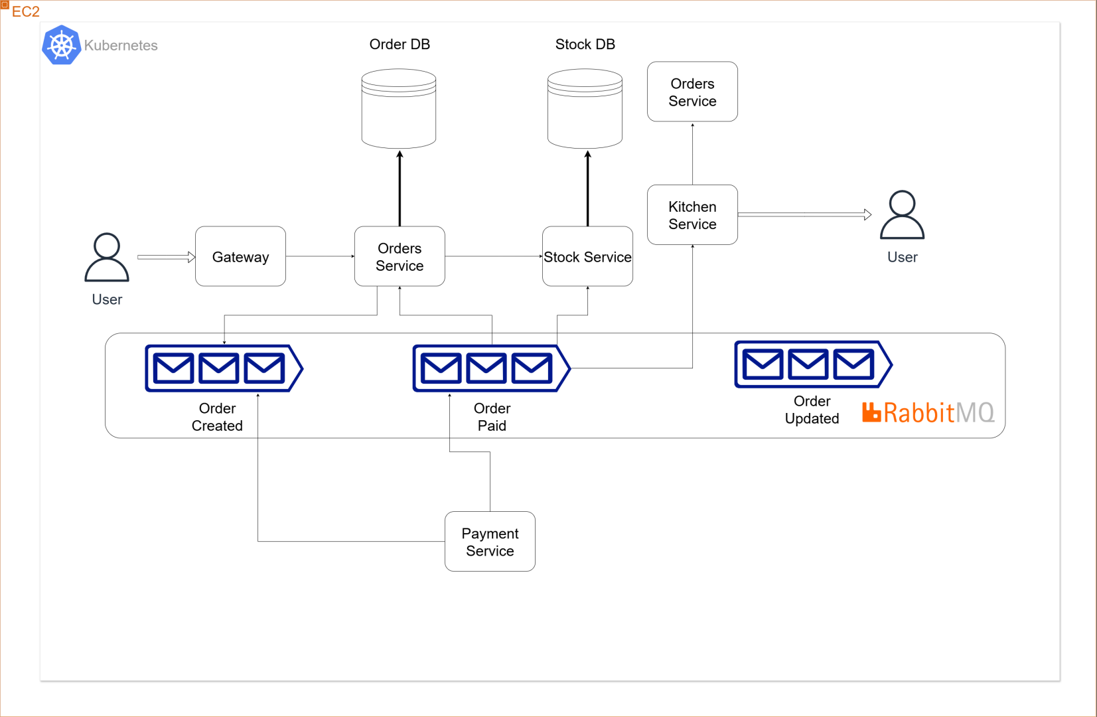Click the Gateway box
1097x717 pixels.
(x=240, y=256)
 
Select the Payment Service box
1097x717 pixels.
(x=490, y=541)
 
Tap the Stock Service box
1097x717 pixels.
(x=587, y=256)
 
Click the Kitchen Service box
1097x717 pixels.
(x=692, y=214)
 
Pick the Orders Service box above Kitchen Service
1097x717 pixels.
(x=692, y=92)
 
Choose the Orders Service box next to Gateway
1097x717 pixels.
(x=400, y=256)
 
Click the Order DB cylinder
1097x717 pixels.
(x=399, y=110)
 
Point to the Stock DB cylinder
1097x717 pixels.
(x=585, y=110)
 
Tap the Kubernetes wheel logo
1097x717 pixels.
(x=62, y=45)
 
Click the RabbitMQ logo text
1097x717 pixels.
(x=929, y=412)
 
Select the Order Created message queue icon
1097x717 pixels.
(x=224, y=368)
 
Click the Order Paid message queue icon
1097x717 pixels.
(x=491, y=368)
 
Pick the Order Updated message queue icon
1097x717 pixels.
(x=813, y=364)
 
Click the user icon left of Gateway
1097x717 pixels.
(x=107, y=258)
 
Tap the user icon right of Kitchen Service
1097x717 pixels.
(x=902, y=215)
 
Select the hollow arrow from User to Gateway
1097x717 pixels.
(x=166, y=257)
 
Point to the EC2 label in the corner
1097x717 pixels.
(x=25, y=11)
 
